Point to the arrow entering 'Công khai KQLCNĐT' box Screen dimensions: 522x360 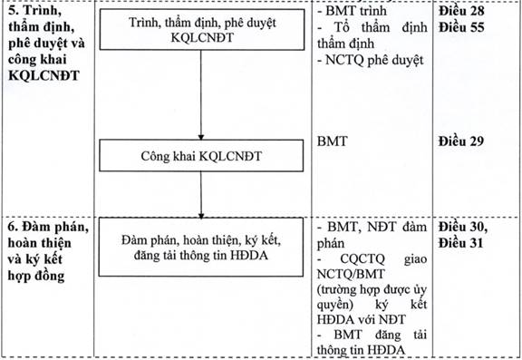click(201, 95)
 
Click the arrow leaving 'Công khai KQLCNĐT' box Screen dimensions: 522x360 click(201, 195)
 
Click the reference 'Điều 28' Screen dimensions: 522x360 click(461, 11)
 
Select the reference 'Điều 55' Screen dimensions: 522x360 click(461, 27)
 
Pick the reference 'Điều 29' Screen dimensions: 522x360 click(461, 141)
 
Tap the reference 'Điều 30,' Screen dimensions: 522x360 click(463, 227)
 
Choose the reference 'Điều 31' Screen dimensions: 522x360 click(460, 243)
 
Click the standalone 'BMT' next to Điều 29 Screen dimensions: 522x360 click(332, 141)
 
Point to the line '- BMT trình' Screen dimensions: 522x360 click(352, 11)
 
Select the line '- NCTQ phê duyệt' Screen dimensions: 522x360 click(370, 60)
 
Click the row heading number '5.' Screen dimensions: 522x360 click(14, 11)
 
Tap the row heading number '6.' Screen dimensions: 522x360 click(13, 227)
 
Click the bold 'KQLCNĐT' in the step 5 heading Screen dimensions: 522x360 click(43, 75)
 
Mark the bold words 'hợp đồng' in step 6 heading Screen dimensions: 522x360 click(36, 276)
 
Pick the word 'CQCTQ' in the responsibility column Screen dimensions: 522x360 click(362, 258)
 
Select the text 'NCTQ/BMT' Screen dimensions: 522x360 click(351, 274)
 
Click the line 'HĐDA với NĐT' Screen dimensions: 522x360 click(361, 319)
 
